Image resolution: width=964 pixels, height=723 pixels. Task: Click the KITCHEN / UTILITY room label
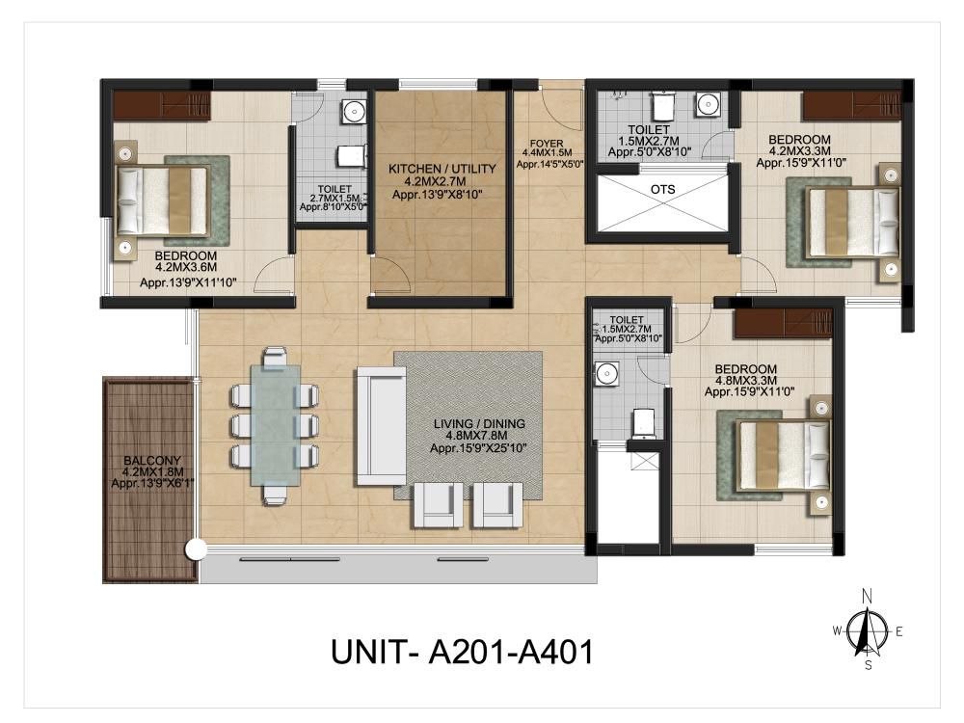442,169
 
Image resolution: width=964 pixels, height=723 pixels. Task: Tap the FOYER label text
547,144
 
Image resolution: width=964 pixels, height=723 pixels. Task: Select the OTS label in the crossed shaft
663,189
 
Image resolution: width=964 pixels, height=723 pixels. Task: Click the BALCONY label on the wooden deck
152,461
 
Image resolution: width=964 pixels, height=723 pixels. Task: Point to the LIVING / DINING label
479,423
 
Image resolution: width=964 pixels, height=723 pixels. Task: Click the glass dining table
276,425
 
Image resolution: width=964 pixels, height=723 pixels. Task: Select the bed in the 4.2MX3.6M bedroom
163,201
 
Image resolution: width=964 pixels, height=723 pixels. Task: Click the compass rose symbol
867,631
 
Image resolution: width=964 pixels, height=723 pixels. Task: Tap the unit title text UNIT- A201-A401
463,652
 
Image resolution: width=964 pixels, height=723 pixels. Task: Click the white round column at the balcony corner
196,549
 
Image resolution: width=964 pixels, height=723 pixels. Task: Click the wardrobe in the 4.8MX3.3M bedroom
783,323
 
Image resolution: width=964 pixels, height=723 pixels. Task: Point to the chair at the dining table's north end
275,357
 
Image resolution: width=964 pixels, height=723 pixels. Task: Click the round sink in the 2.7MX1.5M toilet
354,111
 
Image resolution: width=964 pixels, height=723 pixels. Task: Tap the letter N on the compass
867,596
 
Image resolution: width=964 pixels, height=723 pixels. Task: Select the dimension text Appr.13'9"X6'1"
152,484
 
